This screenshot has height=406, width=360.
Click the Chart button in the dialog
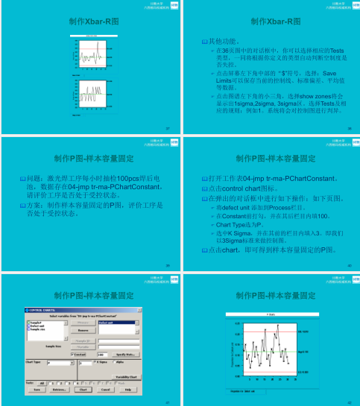pos(84,389)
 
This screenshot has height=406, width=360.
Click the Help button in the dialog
pos(128,389)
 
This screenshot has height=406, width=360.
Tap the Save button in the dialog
pos(36,389)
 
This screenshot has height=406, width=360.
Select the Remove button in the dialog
pos(84,330)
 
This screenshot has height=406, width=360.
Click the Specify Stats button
pos(125,354)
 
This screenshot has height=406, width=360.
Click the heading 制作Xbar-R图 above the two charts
pos(89,22)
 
